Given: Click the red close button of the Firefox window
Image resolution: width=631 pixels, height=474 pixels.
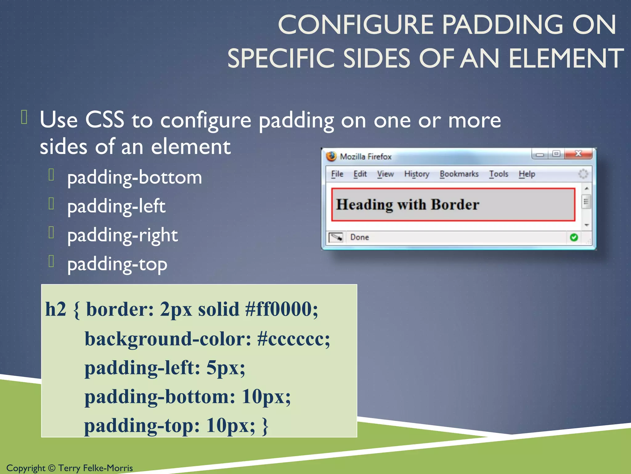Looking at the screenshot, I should coord(578,154).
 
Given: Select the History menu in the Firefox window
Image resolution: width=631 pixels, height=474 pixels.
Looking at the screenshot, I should coord(417,174).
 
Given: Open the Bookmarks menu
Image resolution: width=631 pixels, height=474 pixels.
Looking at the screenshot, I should coord(459,174).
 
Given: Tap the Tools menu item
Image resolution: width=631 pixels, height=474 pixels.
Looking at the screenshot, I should coord(499,174).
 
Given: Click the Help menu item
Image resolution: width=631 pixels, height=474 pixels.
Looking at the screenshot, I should coord(527,174).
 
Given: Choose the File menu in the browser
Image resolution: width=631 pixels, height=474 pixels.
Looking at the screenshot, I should coord(337,174).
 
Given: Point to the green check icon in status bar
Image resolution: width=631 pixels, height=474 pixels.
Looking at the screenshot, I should coord(574,237).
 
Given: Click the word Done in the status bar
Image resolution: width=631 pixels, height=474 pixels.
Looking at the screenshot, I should coord(359,237).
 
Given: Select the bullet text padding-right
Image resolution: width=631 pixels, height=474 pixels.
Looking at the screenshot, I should coord(122,235).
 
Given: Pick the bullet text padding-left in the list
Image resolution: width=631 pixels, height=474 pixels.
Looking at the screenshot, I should coord(116,206).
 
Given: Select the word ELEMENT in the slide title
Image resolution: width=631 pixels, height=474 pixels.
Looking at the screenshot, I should coord(566,58).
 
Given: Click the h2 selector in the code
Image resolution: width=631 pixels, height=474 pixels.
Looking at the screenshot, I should coord(55,309).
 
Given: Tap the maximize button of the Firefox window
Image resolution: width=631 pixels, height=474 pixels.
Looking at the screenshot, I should coord(556,154).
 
